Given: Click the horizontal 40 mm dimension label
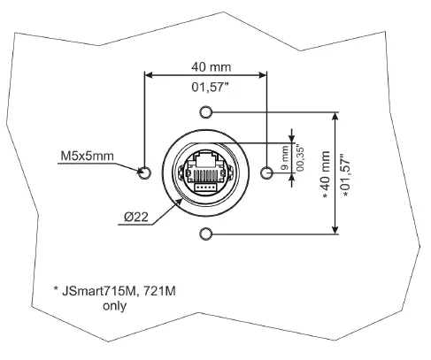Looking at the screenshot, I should coord(205,65).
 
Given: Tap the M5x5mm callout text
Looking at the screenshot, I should coord(87,157).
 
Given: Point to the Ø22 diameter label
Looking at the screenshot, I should coord(138,216).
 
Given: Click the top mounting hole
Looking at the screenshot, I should coord(206,112).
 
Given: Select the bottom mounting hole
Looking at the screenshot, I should coord(206,234).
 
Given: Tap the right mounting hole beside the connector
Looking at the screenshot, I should coord(266,172).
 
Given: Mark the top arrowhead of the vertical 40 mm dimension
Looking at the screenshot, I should coord(335,117).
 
